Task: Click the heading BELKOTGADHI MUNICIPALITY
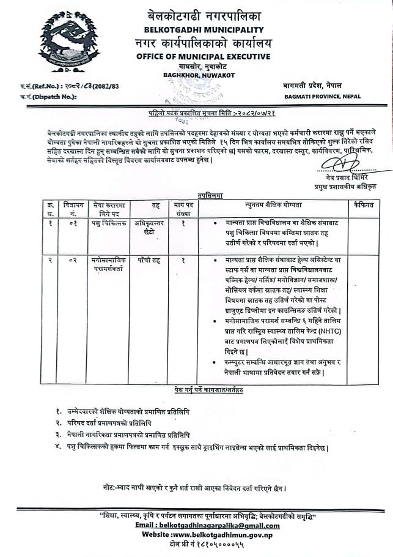pos(204,29)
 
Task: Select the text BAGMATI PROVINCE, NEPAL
pos(321,97)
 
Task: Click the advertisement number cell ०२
pos(73,260)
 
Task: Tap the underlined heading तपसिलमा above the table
pos(205,194)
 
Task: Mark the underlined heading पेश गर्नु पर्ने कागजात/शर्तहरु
pos(205,389)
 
